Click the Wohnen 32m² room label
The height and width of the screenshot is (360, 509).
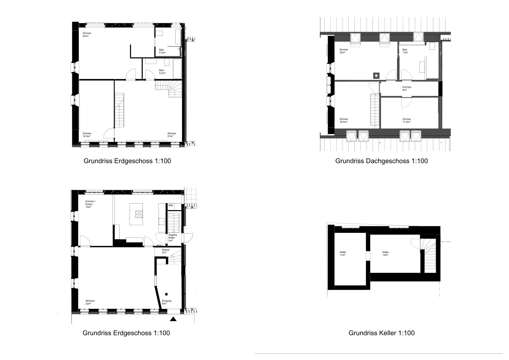[90, 302]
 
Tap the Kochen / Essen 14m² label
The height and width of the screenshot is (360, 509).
[90, 204]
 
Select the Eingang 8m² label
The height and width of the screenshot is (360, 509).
[167, 302]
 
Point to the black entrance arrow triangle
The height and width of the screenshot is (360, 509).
[173, 319]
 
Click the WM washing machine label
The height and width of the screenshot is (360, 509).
[171, 205]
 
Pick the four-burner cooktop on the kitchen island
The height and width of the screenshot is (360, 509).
[139, 214]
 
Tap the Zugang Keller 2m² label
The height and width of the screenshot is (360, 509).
[172, 238]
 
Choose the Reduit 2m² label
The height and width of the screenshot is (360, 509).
[166, 251]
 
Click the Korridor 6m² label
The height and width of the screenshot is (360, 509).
[407, 88]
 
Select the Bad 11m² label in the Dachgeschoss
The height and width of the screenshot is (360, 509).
[405, 51]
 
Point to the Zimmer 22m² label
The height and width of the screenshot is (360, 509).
[344, 51]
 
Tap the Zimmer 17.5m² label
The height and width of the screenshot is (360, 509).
[407, 121]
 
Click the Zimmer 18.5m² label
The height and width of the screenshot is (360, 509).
[344, 121]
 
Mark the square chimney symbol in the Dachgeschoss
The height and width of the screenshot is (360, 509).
[376, 75]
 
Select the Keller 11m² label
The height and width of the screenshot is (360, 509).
[343, 253]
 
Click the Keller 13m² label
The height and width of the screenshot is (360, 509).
[385, 253]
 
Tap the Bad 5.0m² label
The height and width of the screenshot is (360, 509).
[162, 51]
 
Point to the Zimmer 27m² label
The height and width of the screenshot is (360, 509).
[171, 135]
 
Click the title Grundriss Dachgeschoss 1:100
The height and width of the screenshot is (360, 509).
[381, 161]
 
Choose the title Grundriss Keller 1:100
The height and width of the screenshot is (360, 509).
[381, 333]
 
